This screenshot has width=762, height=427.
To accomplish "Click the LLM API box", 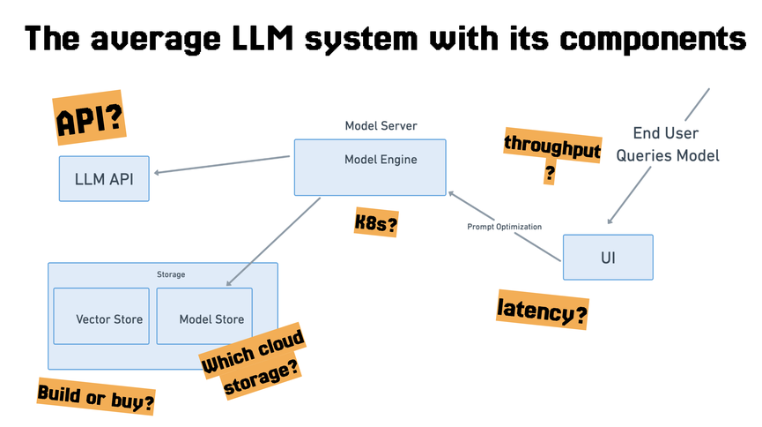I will [x=104, y=179].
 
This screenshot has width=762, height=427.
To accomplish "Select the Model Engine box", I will [x=370, y=168].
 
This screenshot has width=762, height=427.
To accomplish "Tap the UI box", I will [x=608, y=257].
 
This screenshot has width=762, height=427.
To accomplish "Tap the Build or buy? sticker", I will [x=97, y=398].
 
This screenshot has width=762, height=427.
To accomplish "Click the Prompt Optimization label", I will [x=504, y=227].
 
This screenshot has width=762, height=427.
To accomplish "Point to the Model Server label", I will [x=381, y=126].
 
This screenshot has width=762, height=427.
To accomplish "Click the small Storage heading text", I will [x=171, y=274].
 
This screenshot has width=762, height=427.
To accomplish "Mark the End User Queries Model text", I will [x=667, y=145].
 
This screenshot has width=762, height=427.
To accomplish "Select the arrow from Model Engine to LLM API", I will [x=220, y=164].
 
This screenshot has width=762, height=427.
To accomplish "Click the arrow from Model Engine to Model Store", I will [x=273, y=241].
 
